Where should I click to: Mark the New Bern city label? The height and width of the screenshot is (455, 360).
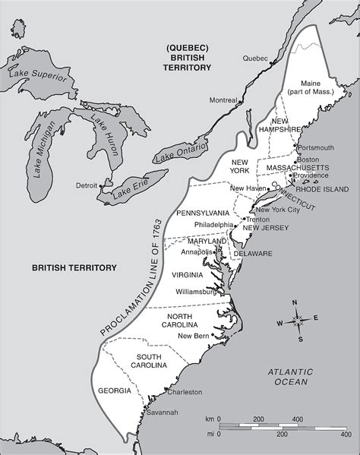194,336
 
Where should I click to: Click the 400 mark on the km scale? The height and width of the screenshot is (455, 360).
297,419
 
